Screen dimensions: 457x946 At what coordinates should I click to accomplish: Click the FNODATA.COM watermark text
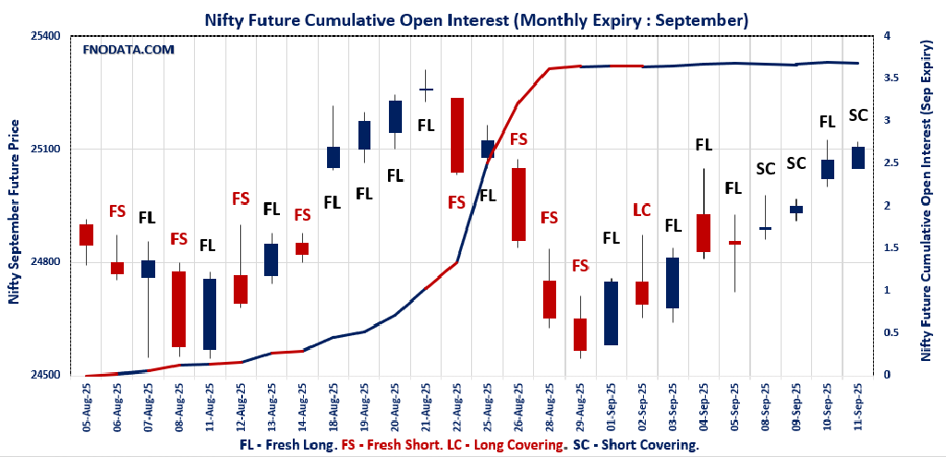128,50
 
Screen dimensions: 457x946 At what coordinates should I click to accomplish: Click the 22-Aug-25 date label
456,403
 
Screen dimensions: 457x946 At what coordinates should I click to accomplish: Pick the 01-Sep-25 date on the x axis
610,403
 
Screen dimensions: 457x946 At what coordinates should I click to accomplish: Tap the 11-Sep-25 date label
857,403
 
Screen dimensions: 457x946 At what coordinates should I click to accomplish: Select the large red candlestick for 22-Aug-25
456,135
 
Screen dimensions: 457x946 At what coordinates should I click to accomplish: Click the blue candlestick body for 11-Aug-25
209,314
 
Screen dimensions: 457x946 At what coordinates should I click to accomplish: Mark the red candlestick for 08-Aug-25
178,309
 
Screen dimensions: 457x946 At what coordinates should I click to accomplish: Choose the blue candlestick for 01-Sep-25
611,313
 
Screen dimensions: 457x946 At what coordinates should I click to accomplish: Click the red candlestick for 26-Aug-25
518,204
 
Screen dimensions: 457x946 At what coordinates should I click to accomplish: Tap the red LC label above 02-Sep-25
642,210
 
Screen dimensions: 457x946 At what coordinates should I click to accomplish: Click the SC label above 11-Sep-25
858,115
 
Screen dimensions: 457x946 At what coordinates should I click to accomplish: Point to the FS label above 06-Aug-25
117,210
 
